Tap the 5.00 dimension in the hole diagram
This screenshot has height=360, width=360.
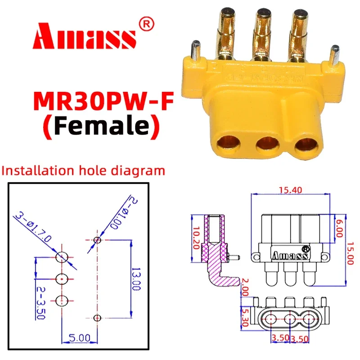80,336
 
